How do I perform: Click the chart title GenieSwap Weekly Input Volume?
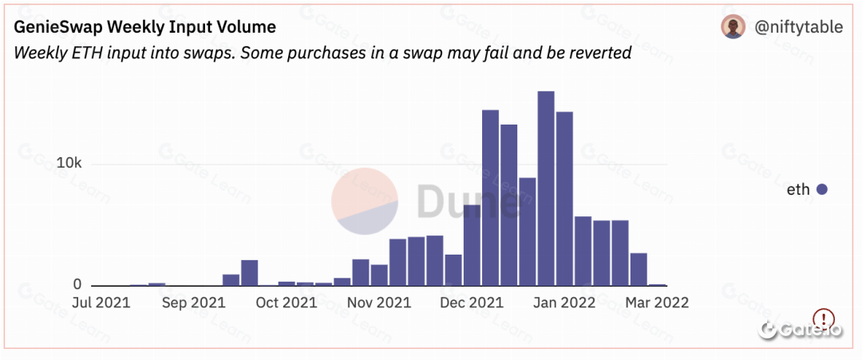(x=144, y=27)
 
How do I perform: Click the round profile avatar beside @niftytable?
(x=733, y=27)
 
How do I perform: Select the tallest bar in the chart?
(x=546, y=188)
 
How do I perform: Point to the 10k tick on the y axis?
(x=69, y=163)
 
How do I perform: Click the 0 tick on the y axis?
(x=77, y=284)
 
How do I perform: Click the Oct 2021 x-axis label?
(x=287, y=303)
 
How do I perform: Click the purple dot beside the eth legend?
(x=822, y=189)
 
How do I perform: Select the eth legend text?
(x=798, y=189)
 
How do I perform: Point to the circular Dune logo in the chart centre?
(x=365, y=202)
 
